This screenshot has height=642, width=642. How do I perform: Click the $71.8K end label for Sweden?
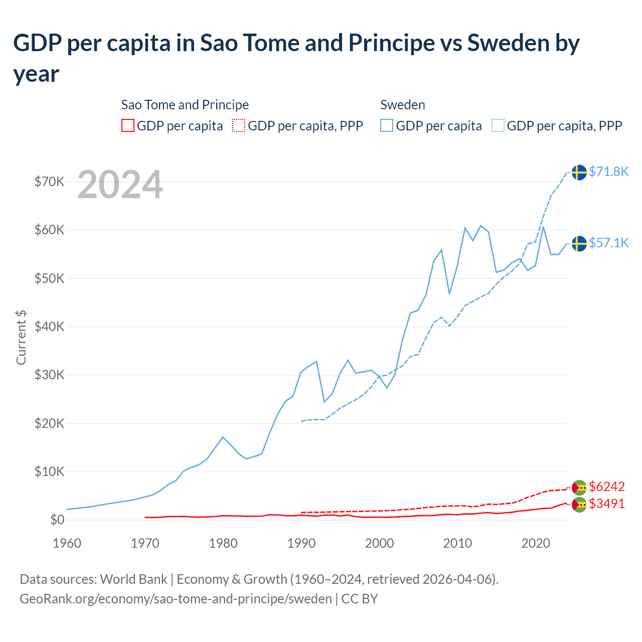pyautogui.click(x=608, y=172)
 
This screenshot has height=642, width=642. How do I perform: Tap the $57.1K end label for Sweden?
pyautogui.click(x=608, y=243)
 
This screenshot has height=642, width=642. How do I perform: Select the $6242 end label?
pyautogui.click(x=607, y=487)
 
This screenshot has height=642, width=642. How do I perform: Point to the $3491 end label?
pyautogui.click(x=607, y=504)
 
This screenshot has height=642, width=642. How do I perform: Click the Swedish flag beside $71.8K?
pyautogui.click(x=579, y=172)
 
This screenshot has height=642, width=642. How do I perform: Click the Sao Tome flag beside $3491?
pyautogui.click(x=579, y=505)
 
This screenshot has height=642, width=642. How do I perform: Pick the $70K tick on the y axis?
pyautogui.click(x=49, y=182)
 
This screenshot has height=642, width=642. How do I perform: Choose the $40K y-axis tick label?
pyautogui.click(x=49, y=327)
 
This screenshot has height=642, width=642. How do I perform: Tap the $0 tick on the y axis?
pyautogui.click(x=57, y=520)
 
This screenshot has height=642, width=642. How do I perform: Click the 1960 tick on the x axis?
pyautogui.click(x=67, y=543)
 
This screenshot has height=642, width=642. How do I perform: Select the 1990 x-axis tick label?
pyautogui.click(x=301, y=543)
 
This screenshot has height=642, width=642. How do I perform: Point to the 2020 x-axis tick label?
pyautogui.click(x=536, y=543)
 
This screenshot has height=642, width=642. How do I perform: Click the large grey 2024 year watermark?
pyautogui.click(x=120, y=185)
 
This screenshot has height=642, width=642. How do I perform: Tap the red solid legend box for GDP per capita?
pyautogui.click(x=128, y=125)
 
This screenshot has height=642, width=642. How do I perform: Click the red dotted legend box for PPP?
pyautogui.click(x=239, y=125)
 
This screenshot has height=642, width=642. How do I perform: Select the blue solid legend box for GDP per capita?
pyautogui.click(x=387, y=125)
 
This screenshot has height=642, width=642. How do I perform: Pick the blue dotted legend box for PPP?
pyautogui.click(x=498, y=125)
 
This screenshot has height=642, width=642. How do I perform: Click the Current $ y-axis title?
pyautogui.click(x=21, y=337)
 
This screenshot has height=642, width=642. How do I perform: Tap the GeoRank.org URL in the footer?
pyautogui.click(x=176, y=599)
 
